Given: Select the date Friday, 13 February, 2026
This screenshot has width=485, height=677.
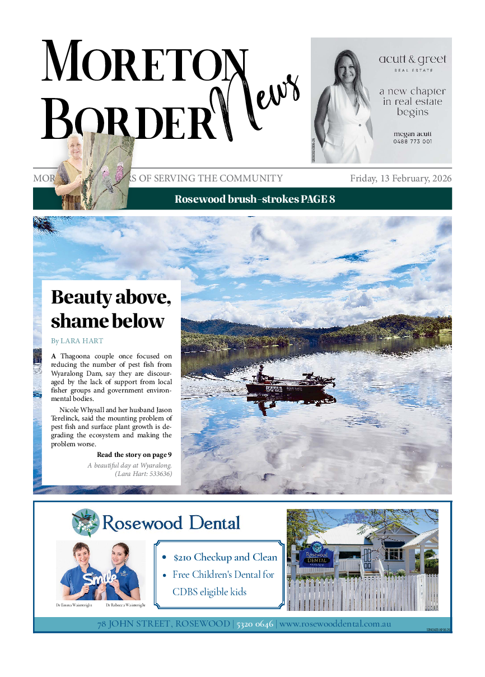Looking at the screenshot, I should (400, 179).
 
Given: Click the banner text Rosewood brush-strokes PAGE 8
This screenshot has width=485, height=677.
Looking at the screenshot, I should (255, 199).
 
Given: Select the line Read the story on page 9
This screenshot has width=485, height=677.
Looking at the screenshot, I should (134, 455).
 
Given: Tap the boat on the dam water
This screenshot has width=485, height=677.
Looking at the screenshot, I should (291, 385).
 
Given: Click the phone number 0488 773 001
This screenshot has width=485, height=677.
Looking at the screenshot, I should (412, 142).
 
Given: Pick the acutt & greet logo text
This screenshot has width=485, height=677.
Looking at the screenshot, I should (413, 60).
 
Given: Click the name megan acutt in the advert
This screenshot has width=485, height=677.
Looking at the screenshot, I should (412, 134).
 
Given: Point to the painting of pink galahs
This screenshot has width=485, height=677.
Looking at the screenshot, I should (106, 168).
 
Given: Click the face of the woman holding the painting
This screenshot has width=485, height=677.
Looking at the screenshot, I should (74, 146).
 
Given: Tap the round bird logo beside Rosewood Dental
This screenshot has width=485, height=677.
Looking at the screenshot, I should (86, 522).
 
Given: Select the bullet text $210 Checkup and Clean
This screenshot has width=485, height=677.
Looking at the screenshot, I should (225, 558).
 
